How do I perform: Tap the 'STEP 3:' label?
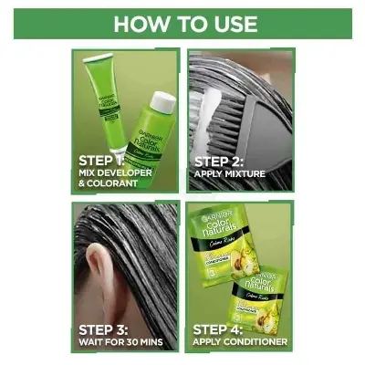pyautogui.click(x=106, y=328)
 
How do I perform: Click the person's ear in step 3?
pyautogui.click(x=100, y=274)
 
